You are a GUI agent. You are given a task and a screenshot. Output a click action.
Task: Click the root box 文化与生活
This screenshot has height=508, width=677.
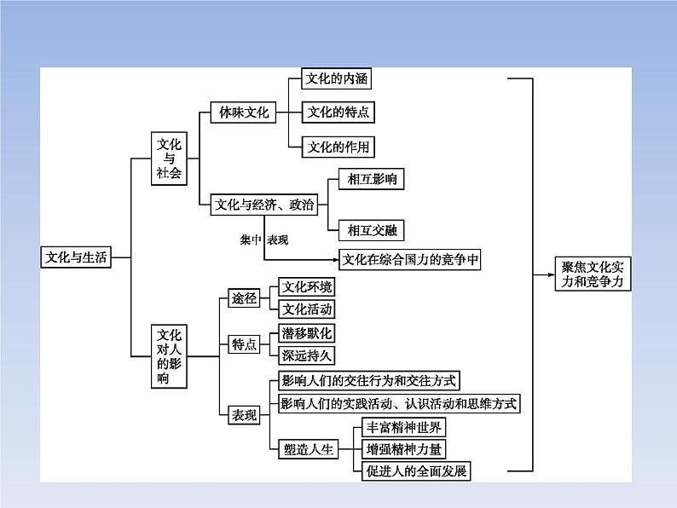(x=77, y=257)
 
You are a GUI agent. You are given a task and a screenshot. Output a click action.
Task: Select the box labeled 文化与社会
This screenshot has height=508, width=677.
(x=170, y=157)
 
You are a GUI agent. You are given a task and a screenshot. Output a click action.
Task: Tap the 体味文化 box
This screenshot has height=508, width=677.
(x=244, y=113)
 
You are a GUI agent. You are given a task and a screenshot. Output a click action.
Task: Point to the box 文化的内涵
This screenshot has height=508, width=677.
(x=338, y=79)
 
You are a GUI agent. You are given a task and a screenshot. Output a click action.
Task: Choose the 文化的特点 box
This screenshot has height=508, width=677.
(x=338, y=113)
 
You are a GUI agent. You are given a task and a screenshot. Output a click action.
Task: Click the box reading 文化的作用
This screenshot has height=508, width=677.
(x=338, y=147)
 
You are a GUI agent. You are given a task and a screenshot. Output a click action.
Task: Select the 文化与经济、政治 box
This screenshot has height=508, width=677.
(x=263, y=205)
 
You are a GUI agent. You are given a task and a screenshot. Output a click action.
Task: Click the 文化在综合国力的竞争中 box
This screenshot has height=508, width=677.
(x=410, y=260)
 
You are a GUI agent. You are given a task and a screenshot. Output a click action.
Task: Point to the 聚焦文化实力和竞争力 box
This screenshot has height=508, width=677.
(x=593, y=274)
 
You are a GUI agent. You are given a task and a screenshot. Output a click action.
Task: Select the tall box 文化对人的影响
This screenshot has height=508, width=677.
(x=170, y=356)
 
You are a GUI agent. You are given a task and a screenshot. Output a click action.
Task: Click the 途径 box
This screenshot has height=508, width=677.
(x=244, y=299)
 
